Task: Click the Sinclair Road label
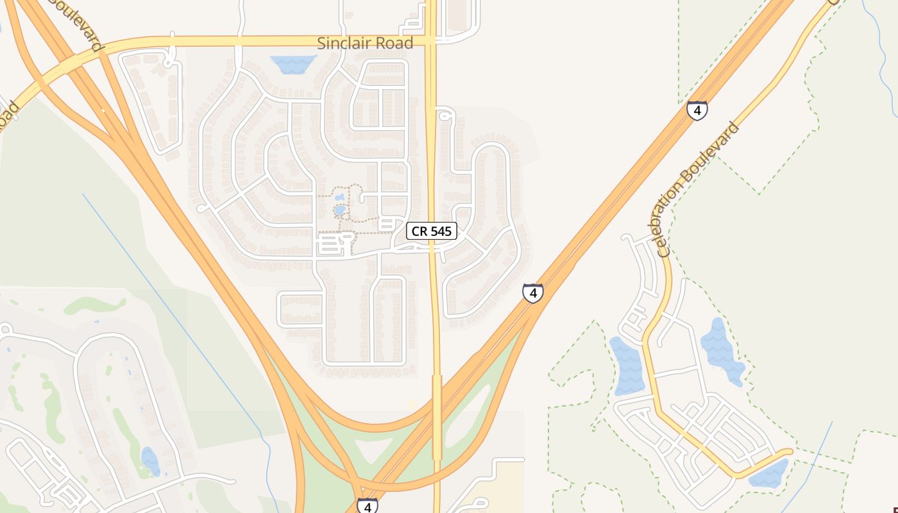[365, 44]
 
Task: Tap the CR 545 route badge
[432, 231]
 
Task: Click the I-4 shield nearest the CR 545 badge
[532, 293]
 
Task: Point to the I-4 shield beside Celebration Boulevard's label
[697, 110]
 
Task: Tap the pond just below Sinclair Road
[293, 63]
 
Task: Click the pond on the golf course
[150, 461]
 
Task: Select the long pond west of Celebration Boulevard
[627, 366]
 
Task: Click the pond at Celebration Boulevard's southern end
[768, 474]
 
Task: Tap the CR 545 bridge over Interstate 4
[437, 417]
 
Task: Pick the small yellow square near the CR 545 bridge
[412, 405]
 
